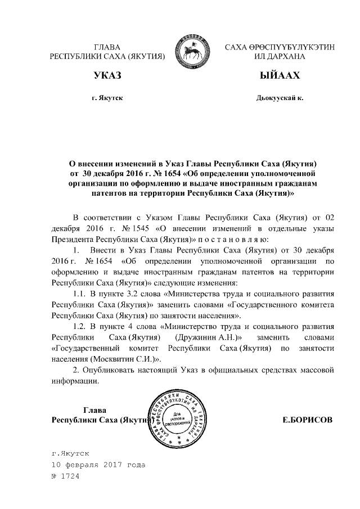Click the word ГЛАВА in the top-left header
[107, 47]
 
